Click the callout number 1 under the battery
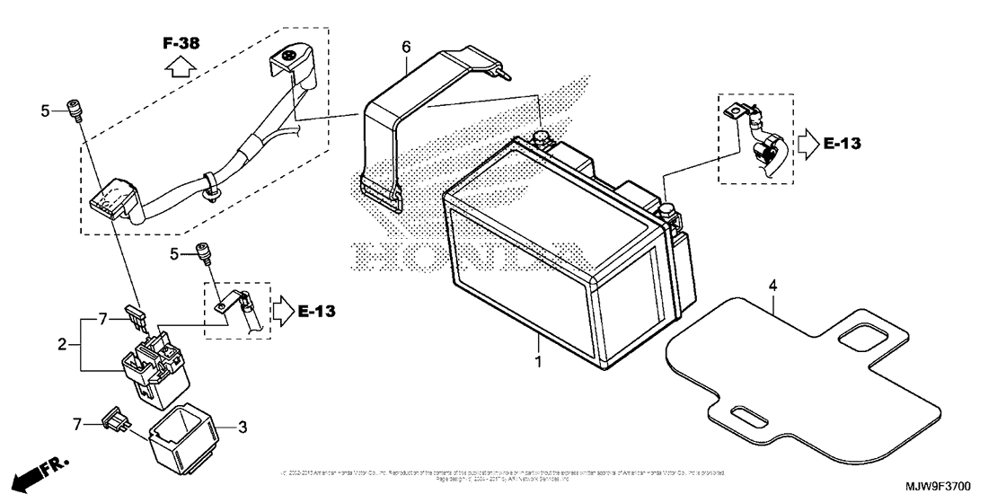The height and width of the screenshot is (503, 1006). pos(538,361)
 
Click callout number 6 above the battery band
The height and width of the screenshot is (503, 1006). pos(406,45)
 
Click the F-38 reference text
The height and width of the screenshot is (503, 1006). pos(181,42)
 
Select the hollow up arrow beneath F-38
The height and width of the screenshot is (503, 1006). pos(181,66)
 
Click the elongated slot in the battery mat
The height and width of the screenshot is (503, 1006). pos(746,415)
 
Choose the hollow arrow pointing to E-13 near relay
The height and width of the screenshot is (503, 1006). pos(284,311)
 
